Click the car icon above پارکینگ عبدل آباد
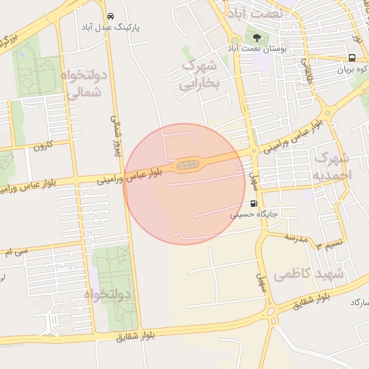(110, 16)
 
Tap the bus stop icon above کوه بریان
(351, 58)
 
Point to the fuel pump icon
(253, 203)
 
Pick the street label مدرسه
(295, 236)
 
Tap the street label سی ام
(15, 252)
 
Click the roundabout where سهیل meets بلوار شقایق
(270, 311)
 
